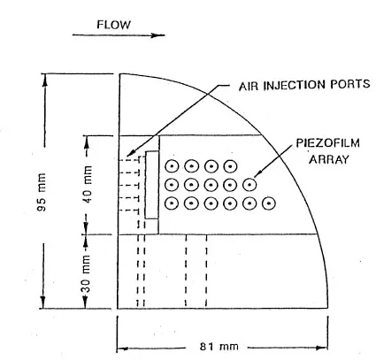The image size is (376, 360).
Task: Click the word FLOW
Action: tap(113, 25)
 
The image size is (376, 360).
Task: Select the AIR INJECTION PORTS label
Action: tap(304, 85)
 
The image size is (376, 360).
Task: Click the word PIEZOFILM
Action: tap(327, 143)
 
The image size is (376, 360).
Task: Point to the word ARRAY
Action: tap(329, 159)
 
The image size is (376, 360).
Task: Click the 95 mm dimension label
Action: tap(42, 192)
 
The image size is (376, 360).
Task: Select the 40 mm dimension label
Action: tap(88, 185)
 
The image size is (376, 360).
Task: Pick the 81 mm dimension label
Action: tap(219, 346)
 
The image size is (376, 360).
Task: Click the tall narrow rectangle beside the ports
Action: tap(152, 185)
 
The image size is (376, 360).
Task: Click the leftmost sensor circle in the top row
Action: tap(172, 167)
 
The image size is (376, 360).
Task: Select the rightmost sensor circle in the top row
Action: tap(230, 167)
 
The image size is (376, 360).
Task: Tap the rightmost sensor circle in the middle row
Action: tap(249, 185)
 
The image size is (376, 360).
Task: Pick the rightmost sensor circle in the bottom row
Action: tap(268, 203)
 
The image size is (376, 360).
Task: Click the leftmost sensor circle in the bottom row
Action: tap(172, 203)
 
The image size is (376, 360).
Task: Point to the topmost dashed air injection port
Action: tap(129, 160)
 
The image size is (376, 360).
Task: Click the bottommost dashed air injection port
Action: tap(129, 211)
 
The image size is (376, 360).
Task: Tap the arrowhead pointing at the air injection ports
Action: tap(131, 154)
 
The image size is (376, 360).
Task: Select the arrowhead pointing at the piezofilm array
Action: tap(257, 174)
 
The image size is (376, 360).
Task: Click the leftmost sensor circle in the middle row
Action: tap(172, 185)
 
